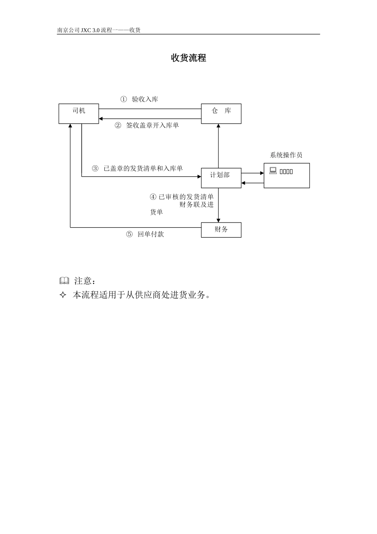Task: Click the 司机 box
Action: (x=79, y=114)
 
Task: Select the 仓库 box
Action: (x=221, y=114)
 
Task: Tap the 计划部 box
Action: (x=221, y=178)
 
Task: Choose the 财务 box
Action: (x=221, y=230)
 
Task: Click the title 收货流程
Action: (x=188, y=58)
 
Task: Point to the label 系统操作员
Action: (x=286, y=155)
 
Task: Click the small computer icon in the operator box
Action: (x=273, y=171)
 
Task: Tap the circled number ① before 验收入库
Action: (x=124, y=99)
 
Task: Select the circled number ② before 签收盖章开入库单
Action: (x=118, y=126)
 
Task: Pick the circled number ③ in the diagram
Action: (x=95, y=168)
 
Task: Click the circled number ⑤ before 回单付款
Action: (x=129, y=234)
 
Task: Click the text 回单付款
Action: (x=151, y=234)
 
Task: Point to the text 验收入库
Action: (x=145, y=99)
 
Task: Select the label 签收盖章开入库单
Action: (x=152, y=126)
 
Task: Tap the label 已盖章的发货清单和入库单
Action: (x=143, y=168)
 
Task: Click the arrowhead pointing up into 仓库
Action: (x=218, y=126)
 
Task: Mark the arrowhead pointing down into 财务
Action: (x=218, y=220)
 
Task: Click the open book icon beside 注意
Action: (x=64, y=281)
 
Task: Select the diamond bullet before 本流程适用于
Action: (x=63, y=295)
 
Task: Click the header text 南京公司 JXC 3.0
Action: (x=79, y=30)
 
